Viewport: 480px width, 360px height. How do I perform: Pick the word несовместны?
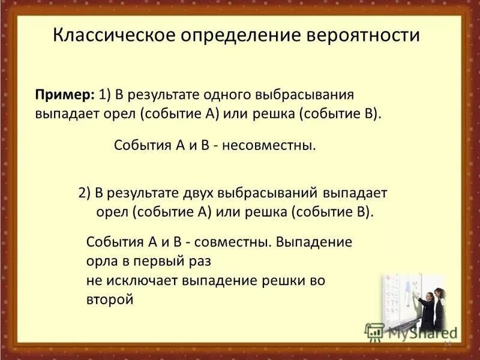(x=269, y=145)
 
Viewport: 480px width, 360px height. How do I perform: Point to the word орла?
(x=101, y=261)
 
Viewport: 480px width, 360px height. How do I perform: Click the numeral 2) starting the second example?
(x=84, y=194)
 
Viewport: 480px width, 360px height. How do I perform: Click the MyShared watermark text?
(x=422, y=332)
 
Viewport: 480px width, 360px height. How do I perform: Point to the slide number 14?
(x=446, y=344)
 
